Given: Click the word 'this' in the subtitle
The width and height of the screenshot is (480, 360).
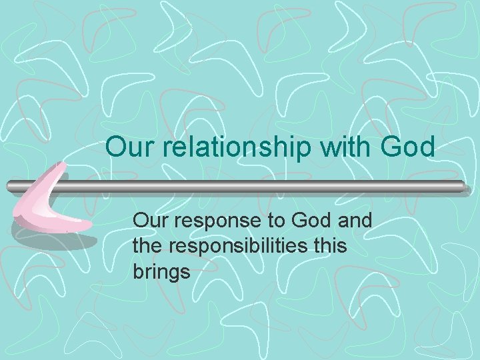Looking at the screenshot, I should pos(328,246).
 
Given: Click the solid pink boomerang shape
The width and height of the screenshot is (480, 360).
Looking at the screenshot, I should pos(47,207).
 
